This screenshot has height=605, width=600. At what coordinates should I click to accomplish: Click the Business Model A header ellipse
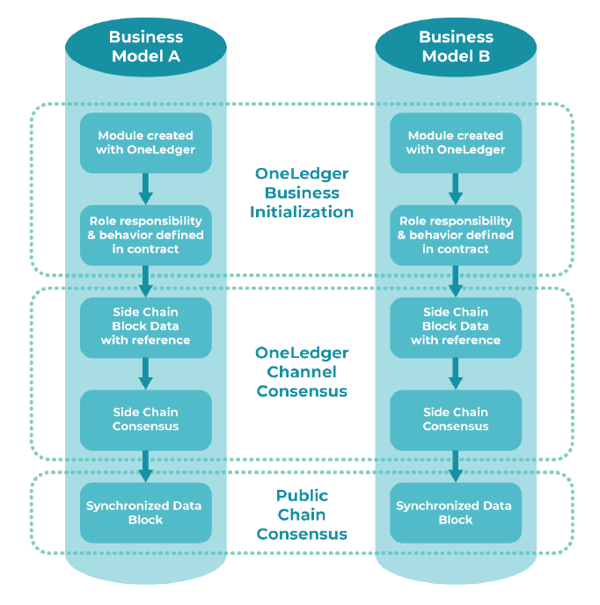(x=146, y=47)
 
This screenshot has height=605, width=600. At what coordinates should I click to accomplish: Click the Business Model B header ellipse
(x=456, y=47)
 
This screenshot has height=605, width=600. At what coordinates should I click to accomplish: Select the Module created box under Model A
(x=146, y=142)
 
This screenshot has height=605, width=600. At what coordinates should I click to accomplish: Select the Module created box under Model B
(x=456, y=142)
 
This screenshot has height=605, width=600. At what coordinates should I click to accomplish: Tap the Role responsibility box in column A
(x=146, y=235)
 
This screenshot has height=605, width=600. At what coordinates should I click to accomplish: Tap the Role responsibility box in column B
(x=456, y=235)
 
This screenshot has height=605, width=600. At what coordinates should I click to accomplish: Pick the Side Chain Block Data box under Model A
(x=146, y=326)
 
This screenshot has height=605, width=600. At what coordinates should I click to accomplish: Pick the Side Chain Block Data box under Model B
(x=456, y=326)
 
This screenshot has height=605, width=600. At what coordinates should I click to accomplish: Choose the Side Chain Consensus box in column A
(x=146, y=419)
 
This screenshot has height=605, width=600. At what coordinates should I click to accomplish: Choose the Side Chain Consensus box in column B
(x=456, y=419)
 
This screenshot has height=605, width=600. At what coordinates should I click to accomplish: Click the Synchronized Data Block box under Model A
(x=146, y=512)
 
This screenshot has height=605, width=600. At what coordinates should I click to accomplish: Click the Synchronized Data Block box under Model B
(x=456, y=512)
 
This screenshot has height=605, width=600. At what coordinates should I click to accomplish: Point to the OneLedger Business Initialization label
(x=302, y=193)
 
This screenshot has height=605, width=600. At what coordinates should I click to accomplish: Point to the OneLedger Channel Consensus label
(x=302, y=372)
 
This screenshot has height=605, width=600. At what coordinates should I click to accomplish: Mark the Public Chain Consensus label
(x=302, y=514)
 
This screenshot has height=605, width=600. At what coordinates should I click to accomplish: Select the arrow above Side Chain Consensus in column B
(x=456, y=373)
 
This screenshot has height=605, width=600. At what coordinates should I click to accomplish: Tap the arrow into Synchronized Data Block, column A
(x=146, y=465)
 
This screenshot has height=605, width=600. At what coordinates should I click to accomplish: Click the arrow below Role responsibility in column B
(x=456, y=281)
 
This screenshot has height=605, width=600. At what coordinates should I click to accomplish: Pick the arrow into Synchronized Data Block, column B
(x=456, y=465)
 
